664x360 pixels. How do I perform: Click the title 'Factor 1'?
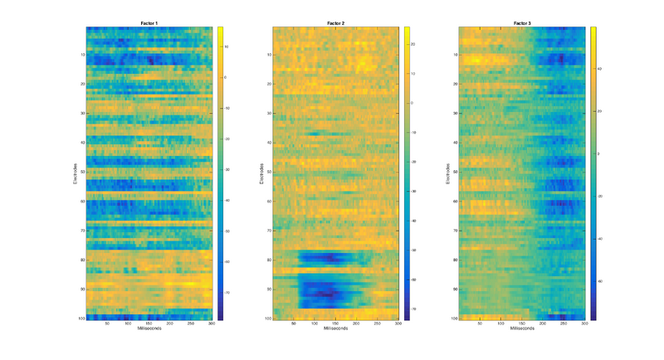[x=149, y=23]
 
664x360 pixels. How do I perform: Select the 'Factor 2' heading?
[x=335, y=23]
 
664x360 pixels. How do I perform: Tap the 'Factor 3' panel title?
[x=522, y=23]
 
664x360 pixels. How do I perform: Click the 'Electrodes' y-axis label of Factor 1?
[x=74, y=173]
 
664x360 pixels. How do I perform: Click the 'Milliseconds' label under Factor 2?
[x=335, y=329]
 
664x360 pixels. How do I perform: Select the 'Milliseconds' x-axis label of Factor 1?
[x=149, y=329]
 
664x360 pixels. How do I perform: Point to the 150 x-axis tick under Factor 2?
[x=335, y=324]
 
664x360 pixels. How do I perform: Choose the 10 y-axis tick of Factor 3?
[x=456, y=55]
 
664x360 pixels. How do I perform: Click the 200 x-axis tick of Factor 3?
[x=543, y=324]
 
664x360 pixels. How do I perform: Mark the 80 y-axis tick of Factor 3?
[x=456, y=260]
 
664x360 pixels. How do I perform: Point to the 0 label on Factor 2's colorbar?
[x=413, y=102]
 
